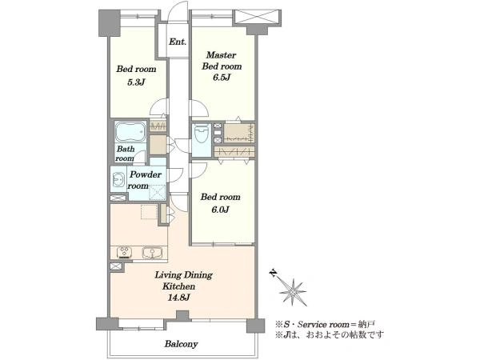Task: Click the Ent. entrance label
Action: point(178,42)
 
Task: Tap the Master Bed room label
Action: point(222,61)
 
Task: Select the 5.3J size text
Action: point(136,82)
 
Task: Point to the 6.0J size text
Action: point(221,210)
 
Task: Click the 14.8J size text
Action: point(179,298)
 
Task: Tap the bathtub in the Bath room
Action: point(130,131)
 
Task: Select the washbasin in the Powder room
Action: point(118,179)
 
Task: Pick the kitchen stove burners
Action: point(124,252)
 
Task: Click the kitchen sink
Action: point(152,253)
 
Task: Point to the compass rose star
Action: point(293,292)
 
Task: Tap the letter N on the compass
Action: point(273,273)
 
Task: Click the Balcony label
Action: point(182,344)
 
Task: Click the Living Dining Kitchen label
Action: point(183,281)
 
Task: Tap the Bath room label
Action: point(126,154)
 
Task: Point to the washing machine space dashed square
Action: point(158,193)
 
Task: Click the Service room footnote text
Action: point(326,324)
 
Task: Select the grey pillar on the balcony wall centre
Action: point(182,316)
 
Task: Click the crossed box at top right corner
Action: point(258,16)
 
